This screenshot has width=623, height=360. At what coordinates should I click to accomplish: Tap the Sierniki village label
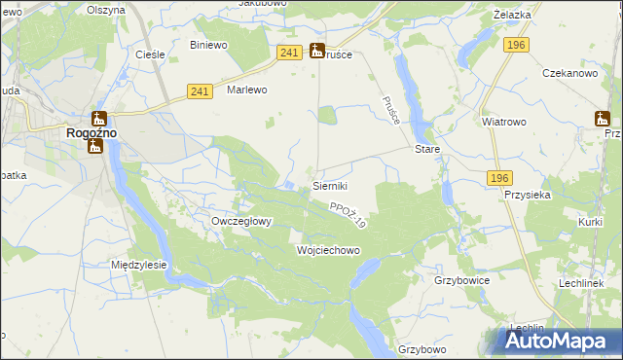click(x=330, y=185)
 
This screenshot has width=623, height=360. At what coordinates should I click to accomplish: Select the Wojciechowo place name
click(x=328, y=250)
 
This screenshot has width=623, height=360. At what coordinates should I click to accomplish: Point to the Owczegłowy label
click(x=241, y=221)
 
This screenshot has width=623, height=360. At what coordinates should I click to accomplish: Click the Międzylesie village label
click(x=139, y=265)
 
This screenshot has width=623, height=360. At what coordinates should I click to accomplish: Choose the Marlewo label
click(x=246, y=90)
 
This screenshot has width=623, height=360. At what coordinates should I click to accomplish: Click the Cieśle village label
click(x=149, y=54)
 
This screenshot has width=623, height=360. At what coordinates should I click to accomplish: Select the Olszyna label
click(x=106, y=10)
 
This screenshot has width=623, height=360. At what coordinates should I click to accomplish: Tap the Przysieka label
click(x=529, y=194)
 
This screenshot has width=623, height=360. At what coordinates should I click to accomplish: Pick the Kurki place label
click(x=590, y=223)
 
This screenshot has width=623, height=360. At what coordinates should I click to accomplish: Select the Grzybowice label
click(x=461, y=280)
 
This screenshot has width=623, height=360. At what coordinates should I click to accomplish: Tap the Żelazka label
click(x=538, y=16)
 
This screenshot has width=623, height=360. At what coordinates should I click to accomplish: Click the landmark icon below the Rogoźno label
click(x=95, y=146)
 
